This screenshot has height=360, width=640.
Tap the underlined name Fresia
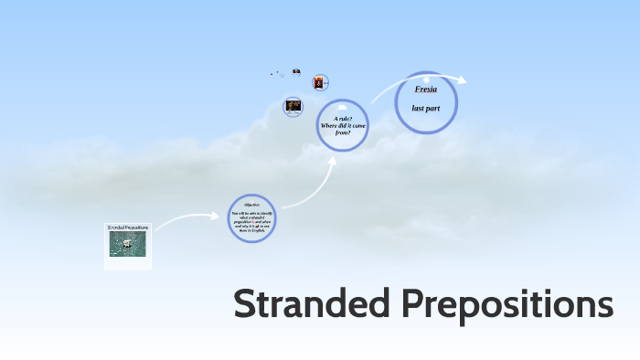426,89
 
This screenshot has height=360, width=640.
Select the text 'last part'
426,109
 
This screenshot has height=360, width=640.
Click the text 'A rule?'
343,119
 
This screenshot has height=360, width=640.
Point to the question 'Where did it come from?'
343,129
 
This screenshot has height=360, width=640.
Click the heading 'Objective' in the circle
251,204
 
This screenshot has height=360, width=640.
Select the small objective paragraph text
251,220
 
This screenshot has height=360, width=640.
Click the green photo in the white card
127,242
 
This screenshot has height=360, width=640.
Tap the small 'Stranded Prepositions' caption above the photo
128,227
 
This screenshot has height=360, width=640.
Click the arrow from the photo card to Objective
187,218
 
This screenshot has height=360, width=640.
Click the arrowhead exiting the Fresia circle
462,80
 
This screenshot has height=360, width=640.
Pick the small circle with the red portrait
319,83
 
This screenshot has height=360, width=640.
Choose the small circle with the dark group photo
293,106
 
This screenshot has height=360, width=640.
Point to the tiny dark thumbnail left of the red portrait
296,71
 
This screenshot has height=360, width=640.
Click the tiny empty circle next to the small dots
282,75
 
